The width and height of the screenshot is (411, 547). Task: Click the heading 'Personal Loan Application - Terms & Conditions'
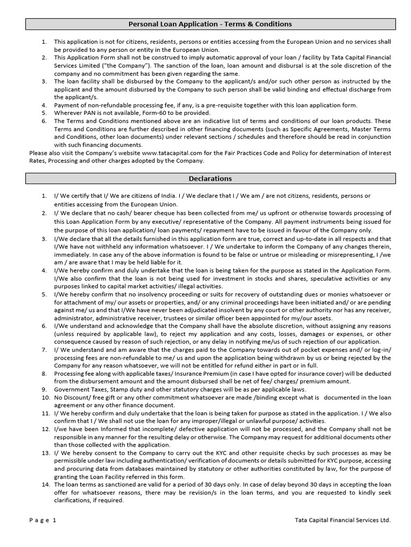[x=210, y=24]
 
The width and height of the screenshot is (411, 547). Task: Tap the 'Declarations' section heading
[x=210, y=178]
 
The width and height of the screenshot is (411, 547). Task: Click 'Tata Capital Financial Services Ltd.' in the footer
[x=342, y=520]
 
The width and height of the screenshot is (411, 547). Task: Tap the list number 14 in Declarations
[x=45, y=485]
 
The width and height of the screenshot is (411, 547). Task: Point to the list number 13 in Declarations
[x=45, y=453]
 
